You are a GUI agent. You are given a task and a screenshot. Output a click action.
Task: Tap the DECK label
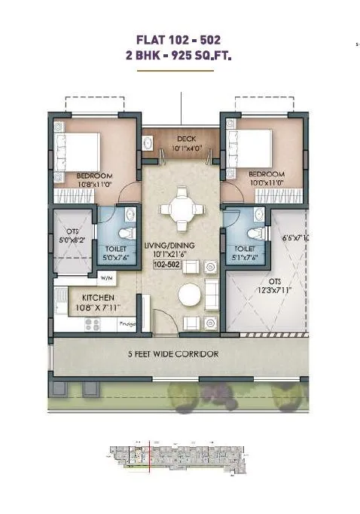click(x=187, y=139)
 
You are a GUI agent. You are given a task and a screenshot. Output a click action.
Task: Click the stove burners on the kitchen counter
click(x=92, y=324)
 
